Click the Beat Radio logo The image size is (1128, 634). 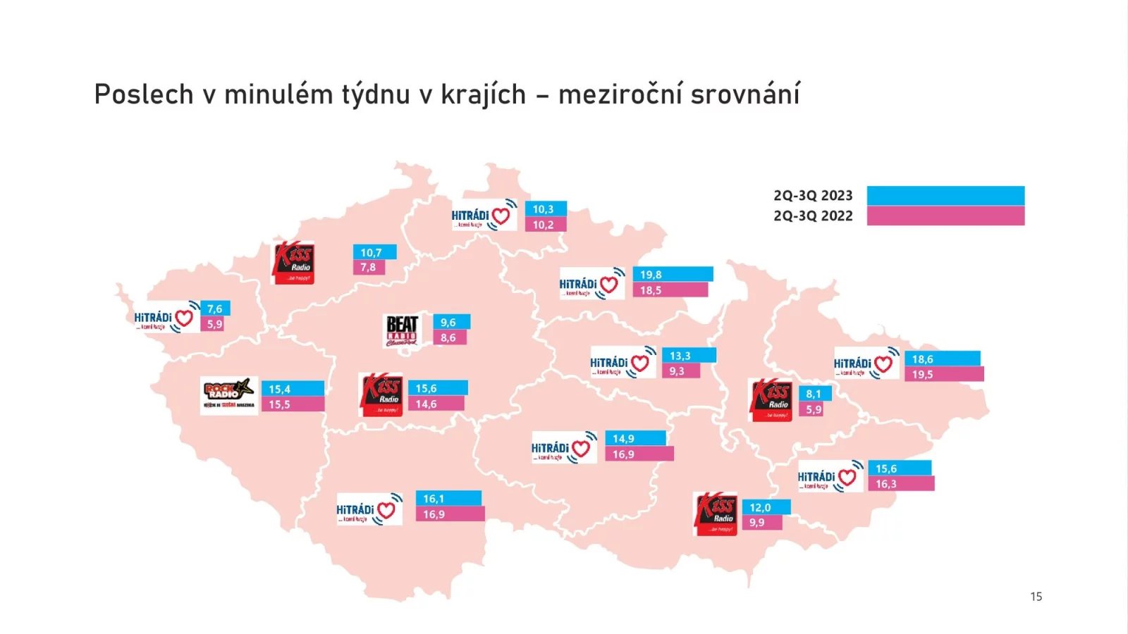point(403,330)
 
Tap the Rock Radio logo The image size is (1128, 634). point(228,395)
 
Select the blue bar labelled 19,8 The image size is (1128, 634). point(673,274)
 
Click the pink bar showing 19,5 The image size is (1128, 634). point(944,374)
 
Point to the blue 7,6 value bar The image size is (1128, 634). point(215,309)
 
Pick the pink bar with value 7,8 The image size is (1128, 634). point(369,268)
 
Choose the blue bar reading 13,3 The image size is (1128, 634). point(689,356)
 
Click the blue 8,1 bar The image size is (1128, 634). point(815,394)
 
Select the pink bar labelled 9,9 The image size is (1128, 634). point(762,523)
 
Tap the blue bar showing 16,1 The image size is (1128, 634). point(448,498)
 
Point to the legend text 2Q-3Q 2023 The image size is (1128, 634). point(813,196)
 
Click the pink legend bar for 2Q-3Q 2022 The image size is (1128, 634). point(945,216)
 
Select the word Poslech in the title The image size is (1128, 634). point(144,94)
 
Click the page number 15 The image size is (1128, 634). point(1036,597)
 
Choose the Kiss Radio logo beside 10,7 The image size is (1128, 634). point(294,263)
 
